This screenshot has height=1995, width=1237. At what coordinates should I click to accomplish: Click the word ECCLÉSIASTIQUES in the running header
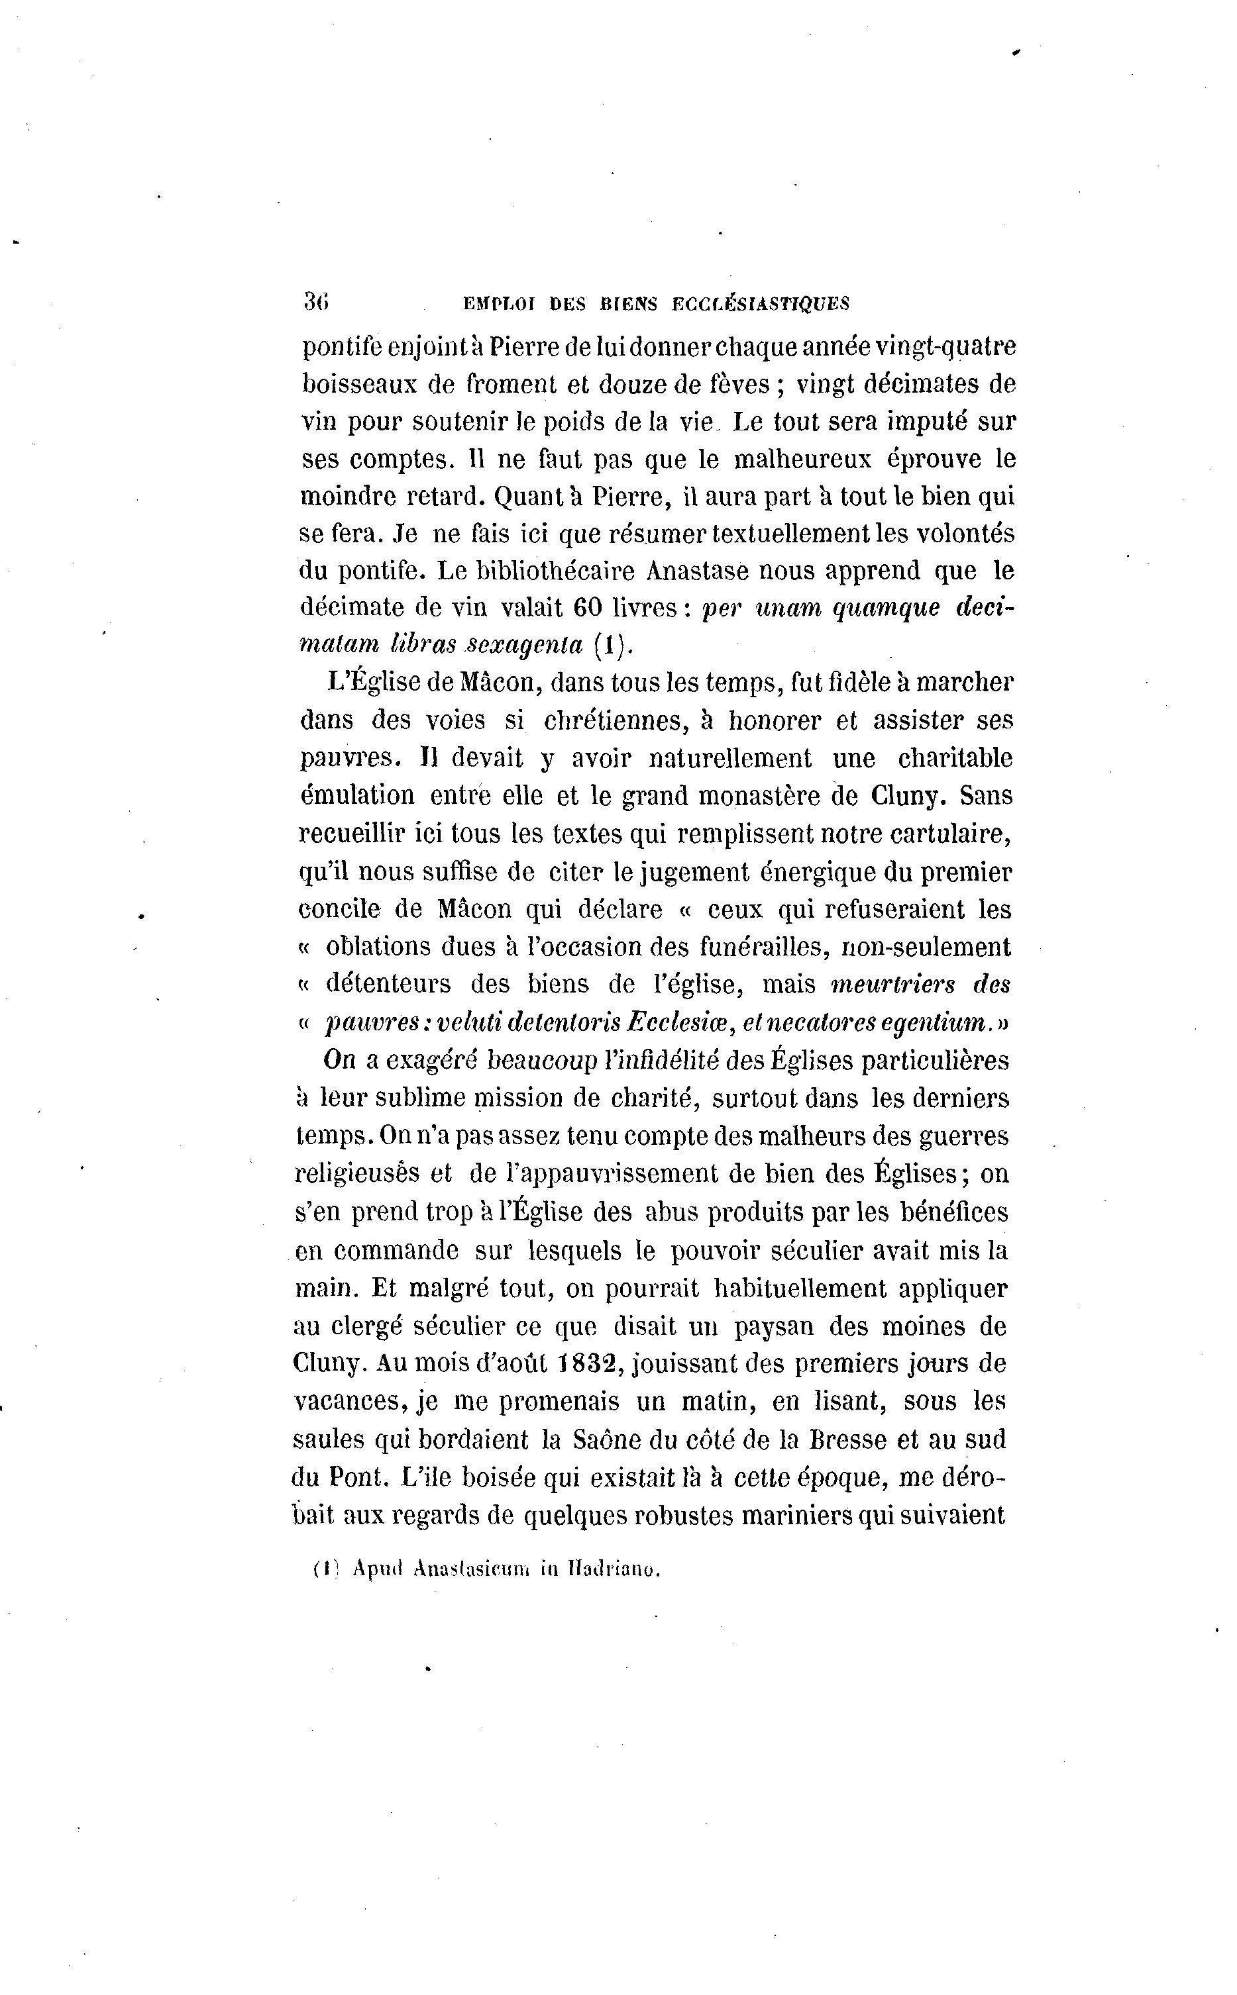point(760,304)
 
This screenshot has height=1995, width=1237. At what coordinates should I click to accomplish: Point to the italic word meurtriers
point(893,984)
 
